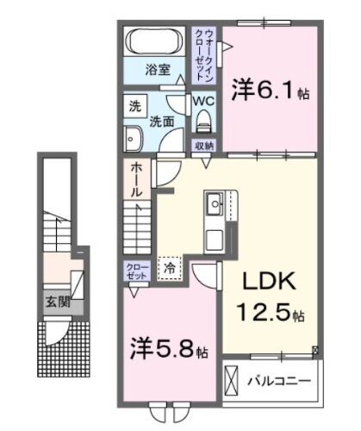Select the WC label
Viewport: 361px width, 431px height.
(x=203, y=100)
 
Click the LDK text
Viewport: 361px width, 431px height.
(x=262, y=282)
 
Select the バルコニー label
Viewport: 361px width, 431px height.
(x=280, y=379)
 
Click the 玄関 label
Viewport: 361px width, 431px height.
(x=57, y=303)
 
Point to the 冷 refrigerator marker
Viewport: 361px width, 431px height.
(x=170, y=269)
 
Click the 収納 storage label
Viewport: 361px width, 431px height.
(x=203, y=144)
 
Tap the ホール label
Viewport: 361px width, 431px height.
(x=136, y=183)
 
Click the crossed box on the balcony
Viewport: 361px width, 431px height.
(x=232, y=379)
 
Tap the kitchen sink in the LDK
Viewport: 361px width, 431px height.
(x=213, y=205)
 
